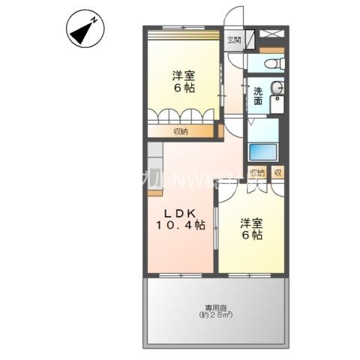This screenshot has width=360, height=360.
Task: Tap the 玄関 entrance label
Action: [x=234, y=40]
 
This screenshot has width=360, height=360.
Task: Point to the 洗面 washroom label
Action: [x=257, y=96]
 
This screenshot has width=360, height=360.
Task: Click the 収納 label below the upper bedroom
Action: [x=180, y=132]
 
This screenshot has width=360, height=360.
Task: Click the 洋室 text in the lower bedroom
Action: [x=250, y=223]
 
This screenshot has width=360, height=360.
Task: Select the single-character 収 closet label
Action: [x=277, y=173]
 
